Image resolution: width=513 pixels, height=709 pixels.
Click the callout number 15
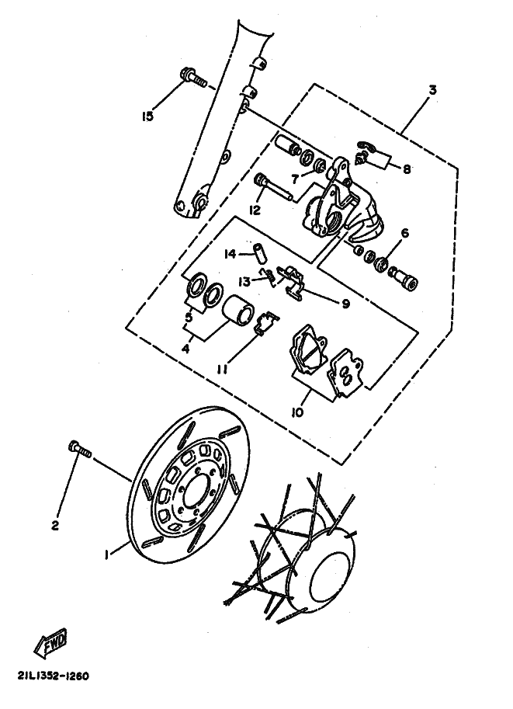[x=147, y=116]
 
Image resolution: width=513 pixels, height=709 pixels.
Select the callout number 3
[x=432, y=90]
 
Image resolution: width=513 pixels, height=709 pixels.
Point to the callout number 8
[x=407, y=169]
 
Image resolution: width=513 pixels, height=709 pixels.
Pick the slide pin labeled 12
[x=275, y=187]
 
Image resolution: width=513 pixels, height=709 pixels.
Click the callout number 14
[x=231, y=255]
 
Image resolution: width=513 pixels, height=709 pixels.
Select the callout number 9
[x=346, y=304]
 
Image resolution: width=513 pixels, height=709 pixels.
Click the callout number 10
[x=297, y=412]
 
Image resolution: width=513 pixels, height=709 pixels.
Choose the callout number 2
[x=55, y=526]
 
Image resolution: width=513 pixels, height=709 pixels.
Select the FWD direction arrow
[x=51, y=642]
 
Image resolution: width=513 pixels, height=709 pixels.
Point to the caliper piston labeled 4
[x=240, y=310]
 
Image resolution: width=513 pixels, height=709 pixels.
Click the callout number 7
[x=295, y=180]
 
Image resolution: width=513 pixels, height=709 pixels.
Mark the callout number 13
[x=244, y=282]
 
